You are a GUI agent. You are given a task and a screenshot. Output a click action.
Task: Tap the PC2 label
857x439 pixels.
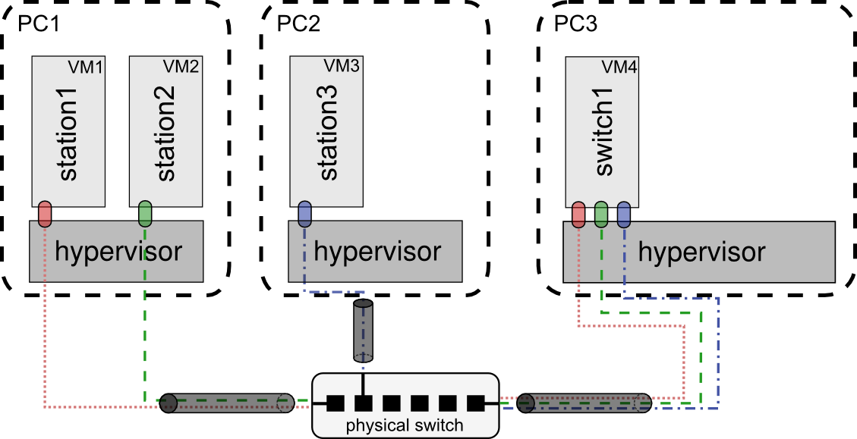tap(298, 24)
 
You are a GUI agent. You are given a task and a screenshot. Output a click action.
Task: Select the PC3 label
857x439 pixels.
tap(575, 24)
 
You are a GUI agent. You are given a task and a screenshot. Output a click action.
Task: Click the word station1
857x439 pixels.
tap(69, 132)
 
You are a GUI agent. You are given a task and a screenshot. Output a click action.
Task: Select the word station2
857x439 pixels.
tap(166, 132)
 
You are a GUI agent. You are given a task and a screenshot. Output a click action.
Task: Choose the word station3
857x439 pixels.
tap(328, 132)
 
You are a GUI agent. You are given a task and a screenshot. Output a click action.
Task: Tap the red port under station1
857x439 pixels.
tap(44, 214)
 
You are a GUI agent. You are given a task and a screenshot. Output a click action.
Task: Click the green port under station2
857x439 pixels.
tap(145, 214)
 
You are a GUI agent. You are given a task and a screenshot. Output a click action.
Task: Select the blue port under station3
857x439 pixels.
tap(305, 214)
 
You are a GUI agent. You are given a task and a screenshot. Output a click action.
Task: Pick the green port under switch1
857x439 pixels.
tap(601, 214)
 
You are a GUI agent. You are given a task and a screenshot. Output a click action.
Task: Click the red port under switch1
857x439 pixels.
tap(578, 214)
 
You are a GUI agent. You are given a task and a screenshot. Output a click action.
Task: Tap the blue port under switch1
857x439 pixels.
tap(624, 214)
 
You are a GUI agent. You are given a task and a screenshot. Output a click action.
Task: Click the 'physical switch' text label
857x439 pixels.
tap(405, 425)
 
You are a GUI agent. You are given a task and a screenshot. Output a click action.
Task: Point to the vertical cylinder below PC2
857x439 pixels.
tap(364, 331)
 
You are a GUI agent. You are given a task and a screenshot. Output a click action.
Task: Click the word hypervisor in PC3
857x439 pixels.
tap(702, 252)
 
